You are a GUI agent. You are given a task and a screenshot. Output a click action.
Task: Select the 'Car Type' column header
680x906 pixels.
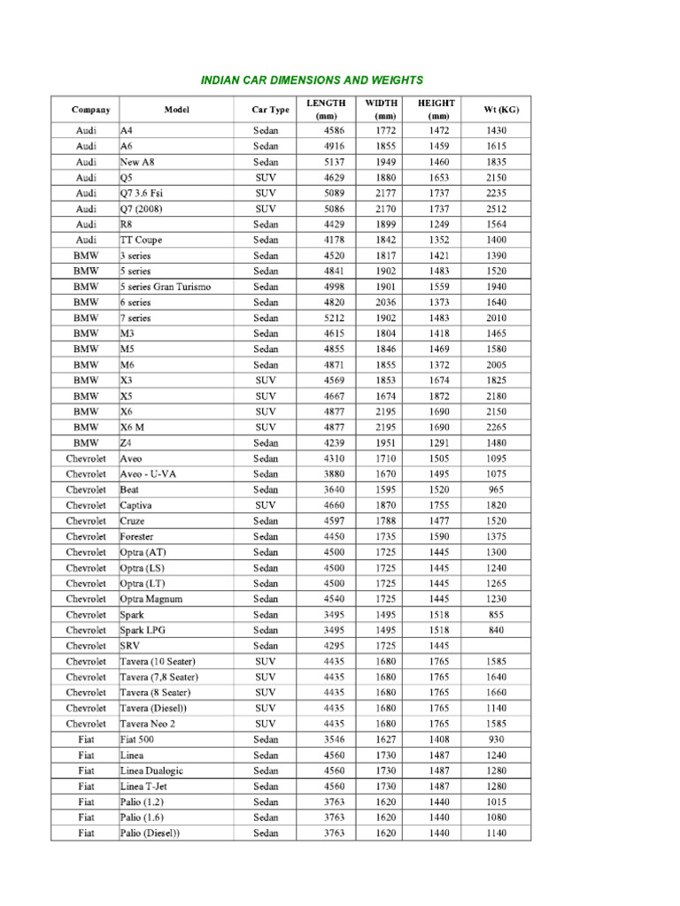point(270,110)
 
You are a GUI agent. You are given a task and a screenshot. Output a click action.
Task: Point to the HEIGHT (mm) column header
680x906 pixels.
point(437,110)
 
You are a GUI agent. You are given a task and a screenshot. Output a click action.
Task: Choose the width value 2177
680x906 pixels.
point(385,193)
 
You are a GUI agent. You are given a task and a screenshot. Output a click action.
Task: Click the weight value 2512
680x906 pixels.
point(497,209)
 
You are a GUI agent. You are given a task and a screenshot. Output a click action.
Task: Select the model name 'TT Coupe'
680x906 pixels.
point(142,240)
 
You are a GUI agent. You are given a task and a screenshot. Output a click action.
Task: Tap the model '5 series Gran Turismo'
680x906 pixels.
point(166,287)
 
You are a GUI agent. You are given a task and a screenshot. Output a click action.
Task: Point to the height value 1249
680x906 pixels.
point(437,225)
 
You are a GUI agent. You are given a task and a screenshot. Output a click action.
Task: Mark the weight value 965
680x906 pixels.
point(497,489)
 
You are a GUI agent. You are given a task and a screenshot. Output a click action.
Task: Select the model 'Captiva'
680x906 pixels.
point(136,505)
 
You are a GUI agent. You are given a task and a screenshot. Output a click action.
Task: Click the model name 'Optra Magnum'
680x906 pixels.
point(151,599)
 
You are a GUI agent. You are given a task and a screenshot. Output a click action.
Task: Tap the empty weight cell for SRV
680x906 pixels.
point(497,646)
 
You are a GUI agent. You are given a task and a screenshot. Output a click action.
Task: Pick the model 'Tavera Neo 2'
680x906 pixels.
point(148,724)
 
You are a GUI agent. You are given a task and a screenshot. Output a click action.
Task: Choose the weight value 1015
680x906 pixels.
point(497,802)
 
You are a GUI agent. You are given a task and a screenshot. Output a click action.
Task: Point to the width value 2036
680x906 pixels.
point(385,303)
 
